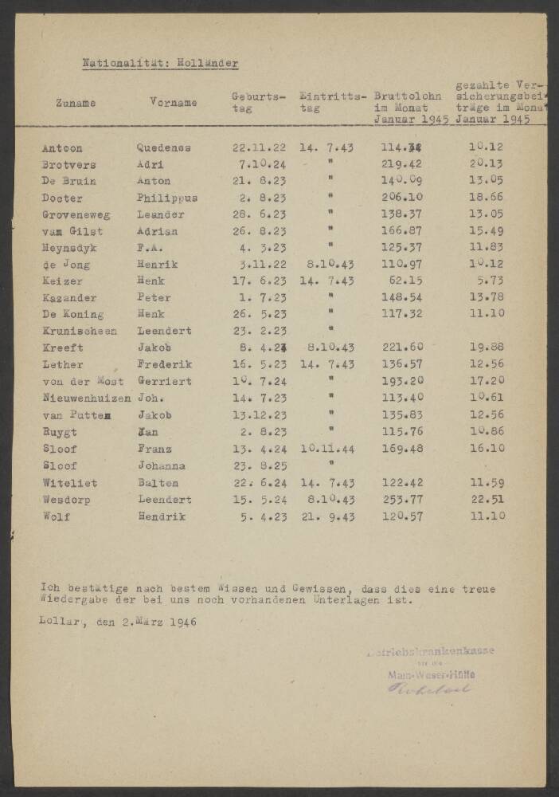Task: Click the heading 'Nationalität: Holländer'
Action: (160, 63)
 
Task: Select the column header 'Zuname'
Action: (76, 103)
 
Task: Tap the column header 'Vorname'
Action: (172, 103)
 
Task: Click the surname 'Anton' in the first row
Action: (61, 148)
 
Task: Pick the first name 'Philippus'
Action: (166, 198)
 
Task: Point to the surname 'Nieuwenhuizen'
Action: (86, 398)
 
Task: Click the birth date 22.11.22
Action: (256, 148)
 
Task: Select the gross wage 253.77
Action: (402, 500)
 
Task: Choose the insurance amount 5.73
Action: (492, 281)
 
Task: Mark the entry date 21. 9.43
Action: (326, 516)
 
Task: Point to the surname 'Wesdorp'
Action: (66, 500)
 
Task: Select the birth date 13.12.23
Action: (256, 414)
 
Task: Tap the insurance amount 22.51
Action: (487, 500)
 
